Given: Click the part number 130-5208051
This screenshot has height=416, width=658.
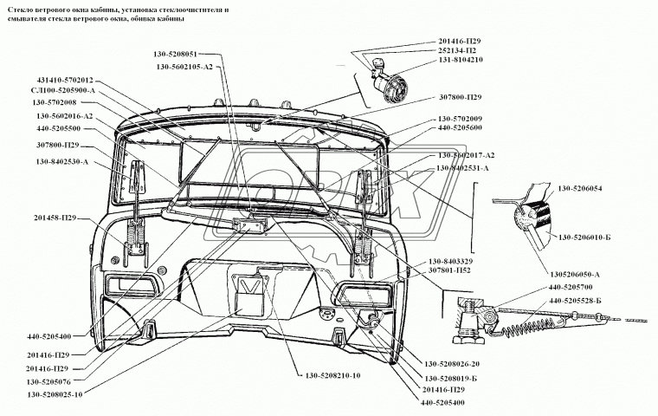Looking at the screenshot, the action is tap(175, 55).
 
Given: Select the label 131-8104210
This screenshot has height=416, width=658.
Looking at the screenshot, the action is tap(461, 60).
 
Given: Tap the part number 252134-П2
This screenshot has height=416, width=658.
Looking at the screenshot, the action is tap(457, 50).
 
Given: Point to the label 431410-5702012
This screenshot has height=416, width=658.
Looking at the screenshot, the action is tap(65, 81).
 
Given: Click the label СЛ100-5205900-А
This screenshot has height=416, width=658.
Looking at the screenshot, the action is tap(63, 90).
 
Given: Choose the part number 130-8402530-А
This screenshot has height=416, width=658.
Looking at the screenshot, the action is tap(62, 162).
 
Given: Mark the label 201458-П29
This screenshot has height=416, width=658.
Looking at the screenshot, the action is tap(55, 218).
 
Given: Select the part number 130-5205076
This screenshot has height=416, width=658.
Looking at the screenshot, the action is tap(48, 381).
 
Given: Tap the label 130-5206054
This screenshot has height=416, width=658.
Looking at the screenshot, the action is tap(579, 188).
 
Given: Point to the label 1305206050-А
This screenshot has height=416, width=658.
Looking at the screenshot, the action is tap(575, 275).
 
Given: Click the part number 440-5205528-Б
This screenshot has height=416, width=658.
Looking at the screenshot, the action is tap(576, 301).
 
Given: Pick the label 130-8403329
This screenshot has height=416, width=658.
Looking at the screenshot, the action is tap(450, 262).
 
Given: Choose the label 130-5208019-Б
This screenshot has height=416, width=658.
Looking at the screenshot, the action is tap(451, 378).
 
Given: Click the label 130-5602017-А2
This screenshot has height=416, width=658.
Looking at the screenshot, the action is tap(466, 155).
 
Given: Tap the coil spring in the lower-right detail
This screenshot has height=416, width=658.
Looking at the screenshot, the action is tap(529, 323).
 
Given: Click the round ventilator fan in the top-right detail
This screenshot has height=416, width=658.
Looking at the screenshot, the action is tap(395, 88).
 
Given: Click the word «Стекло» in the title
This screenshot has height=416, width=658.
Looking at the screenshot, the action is tap(16, 10).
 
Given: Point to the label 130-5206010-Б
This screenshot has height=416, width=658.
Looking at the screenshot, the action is tap(584, 237).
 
